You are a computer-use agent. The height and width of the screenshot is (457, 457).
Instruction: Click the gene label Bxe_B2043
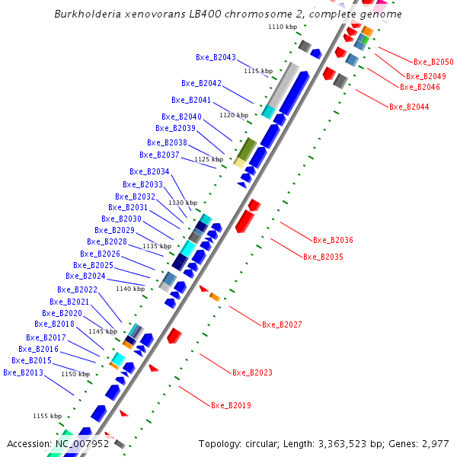point(216,57)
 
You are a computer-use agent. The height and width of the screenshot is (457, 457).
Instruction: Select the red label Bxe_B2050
point(433,62)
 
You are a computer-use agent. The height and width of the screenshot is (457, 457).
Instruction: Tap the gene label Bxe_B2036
point(333,240)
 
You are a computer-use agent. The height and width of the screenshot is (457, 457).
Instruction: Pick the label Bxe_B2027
point(282,324)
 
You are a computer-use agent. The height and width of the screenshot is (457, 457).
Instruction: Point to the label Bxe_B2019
point(231,405)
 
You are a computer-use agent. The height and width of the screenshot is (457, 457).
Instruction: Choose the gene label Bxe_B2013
point(23,372)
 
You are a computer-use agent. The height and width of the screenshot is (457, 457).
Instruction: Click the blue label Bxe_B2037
point(159,155)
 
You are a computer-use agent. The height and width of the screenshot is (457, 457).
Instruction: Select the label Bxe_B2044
point(409,107)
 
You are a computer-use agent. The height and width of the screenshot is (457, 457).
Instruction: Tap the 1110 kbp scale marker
point(282,27)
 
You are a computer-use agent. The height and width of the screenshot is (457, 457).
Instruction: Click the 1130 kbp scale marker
point(183,203)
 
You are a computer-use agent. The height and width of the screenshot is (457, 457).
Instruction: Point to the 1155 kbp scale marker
point(47,416)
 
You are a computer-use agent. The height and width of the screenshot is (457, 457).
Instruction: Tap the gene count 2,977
point(436,443)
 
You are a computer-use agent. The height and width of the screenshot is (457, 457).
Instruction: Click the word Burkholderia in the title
point(91,14)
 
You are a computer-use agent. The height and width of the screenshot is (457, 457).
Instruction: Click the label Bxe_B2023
point(252,372)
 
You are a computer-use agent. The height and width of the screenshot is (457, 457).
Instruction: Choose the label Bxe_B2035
point(323,257)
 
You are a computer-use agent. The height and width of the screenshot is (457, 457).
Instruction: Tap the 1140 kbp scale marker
point(129,289)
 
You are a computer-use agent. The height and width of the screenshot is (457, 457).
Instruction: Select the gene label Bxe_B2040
point(181,117)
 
